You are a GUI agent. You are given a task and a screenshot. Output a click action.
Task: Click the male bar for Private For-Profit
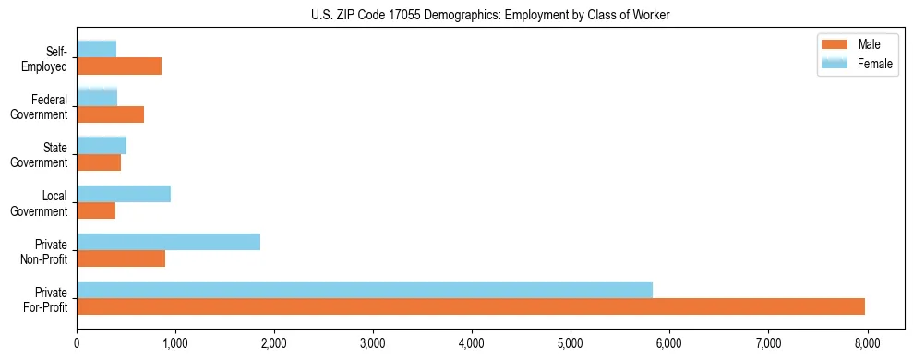[471, 306]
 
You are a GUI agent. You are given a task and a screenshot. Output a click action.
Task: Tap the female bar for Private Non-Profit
[168, 242]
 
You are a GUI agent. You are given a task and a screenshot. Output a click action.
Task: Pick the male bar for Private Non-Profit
[121, 258]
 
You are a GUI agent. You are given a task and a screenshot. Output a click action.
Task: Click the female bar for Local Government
[124, 194]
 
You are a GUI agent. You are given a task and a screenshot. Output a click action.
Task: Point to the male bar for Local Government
[96, 210]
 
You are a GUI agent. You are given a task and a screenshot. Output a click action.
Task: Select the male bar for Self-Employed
[119, 66]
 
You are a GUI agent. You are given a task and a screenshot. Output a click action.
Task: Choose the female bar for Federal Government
[97, 97]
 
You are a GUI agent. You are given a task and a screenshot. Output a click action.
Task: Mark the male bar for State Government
[99, 162]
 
